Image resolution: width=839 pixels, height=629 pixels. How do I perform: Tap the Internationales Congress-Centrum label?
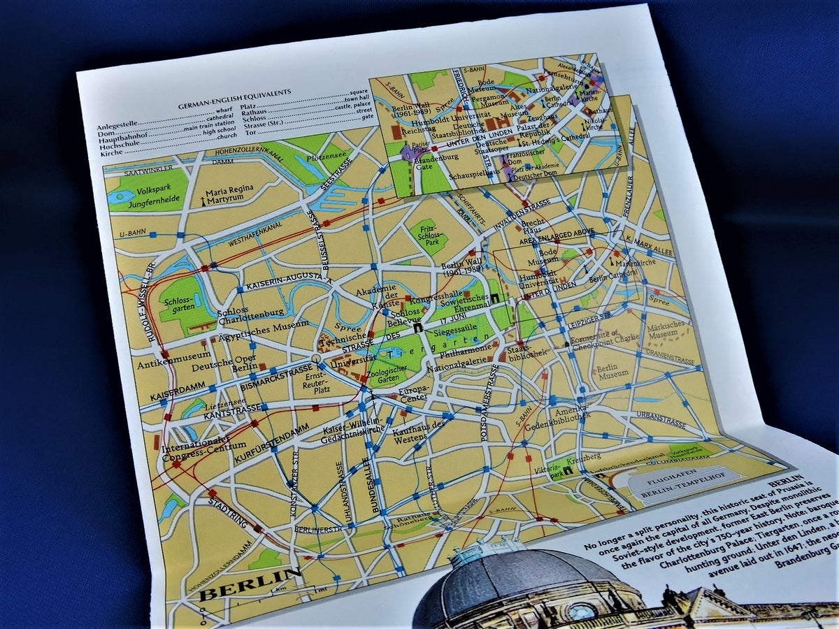204,444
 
